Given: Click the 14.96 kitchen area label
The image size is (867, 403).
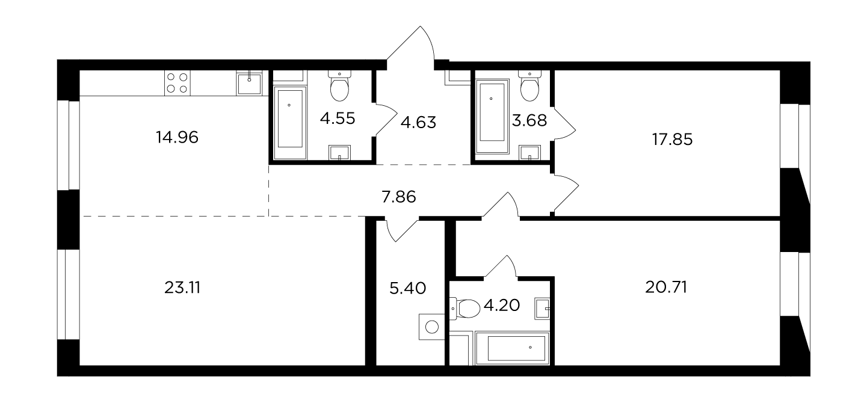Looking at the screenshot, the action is (x=177, y=137).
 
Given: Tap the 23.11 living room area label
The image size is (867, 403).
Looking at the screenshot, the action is (x=182, y=288).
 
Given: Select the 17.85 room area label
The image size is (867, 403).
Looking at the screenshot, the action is (x=672, y=140).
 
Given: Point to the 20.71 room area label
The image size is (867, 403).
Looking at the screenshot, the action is (x=666, y=288).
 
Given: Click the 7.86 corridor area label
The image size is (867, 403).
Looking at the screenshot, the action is (x=399, y=197).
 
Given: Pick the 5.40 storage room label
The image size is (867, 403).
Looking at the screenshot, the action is (x=407, y=288).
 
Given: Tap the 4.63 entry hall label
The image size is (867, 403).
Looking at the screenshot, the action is (x=418, y=122).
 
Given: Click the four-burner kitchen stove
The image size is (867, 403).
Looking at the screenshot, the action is (x=177, y=83).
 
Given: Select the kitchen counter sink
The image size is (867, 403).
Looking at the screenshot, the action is (x=249, y=82).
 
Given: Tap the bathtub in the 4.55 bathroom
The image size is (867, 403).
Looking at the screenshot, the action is (x=290, y=123).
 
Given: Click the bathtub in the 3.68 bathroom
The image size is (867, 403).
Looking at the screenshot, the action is (x=492, y=117).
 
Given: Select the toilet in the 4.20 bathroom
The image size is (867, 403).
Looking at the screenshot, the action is (x=465, y=308).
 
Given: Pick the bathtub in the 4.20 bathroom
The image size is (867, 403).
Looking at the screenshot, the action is (x=512, y=348).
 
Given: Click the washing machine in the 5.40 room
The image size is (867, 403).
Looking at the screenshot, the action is (x=432, y=327).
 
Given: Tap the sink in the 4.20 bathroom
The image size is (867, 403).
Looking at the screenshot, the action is (x=542, y=309).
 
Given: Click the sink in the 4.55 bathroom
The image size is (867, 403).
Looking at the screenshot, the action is (x=339, y=153).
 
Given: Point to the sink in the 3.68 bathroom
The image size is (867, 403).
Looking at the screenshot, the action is (x=529, y=153).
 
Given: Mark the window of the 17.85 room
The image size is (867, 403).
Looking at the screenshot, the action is (x=795, y=136).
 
